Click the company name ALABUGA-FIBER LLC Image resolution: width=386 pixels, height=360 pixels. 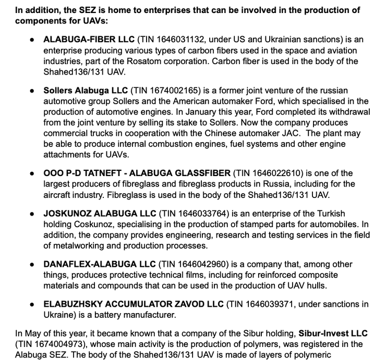coord(89,39)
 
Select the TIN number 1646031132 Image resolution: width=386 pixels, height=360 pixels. coord(174,39)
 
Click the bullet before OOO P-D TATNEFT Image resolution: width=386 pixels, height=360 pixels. coord(32,173)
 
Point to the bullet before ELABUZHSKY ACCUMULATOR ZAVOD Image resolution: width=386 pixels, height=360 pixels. coord(32,304)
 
